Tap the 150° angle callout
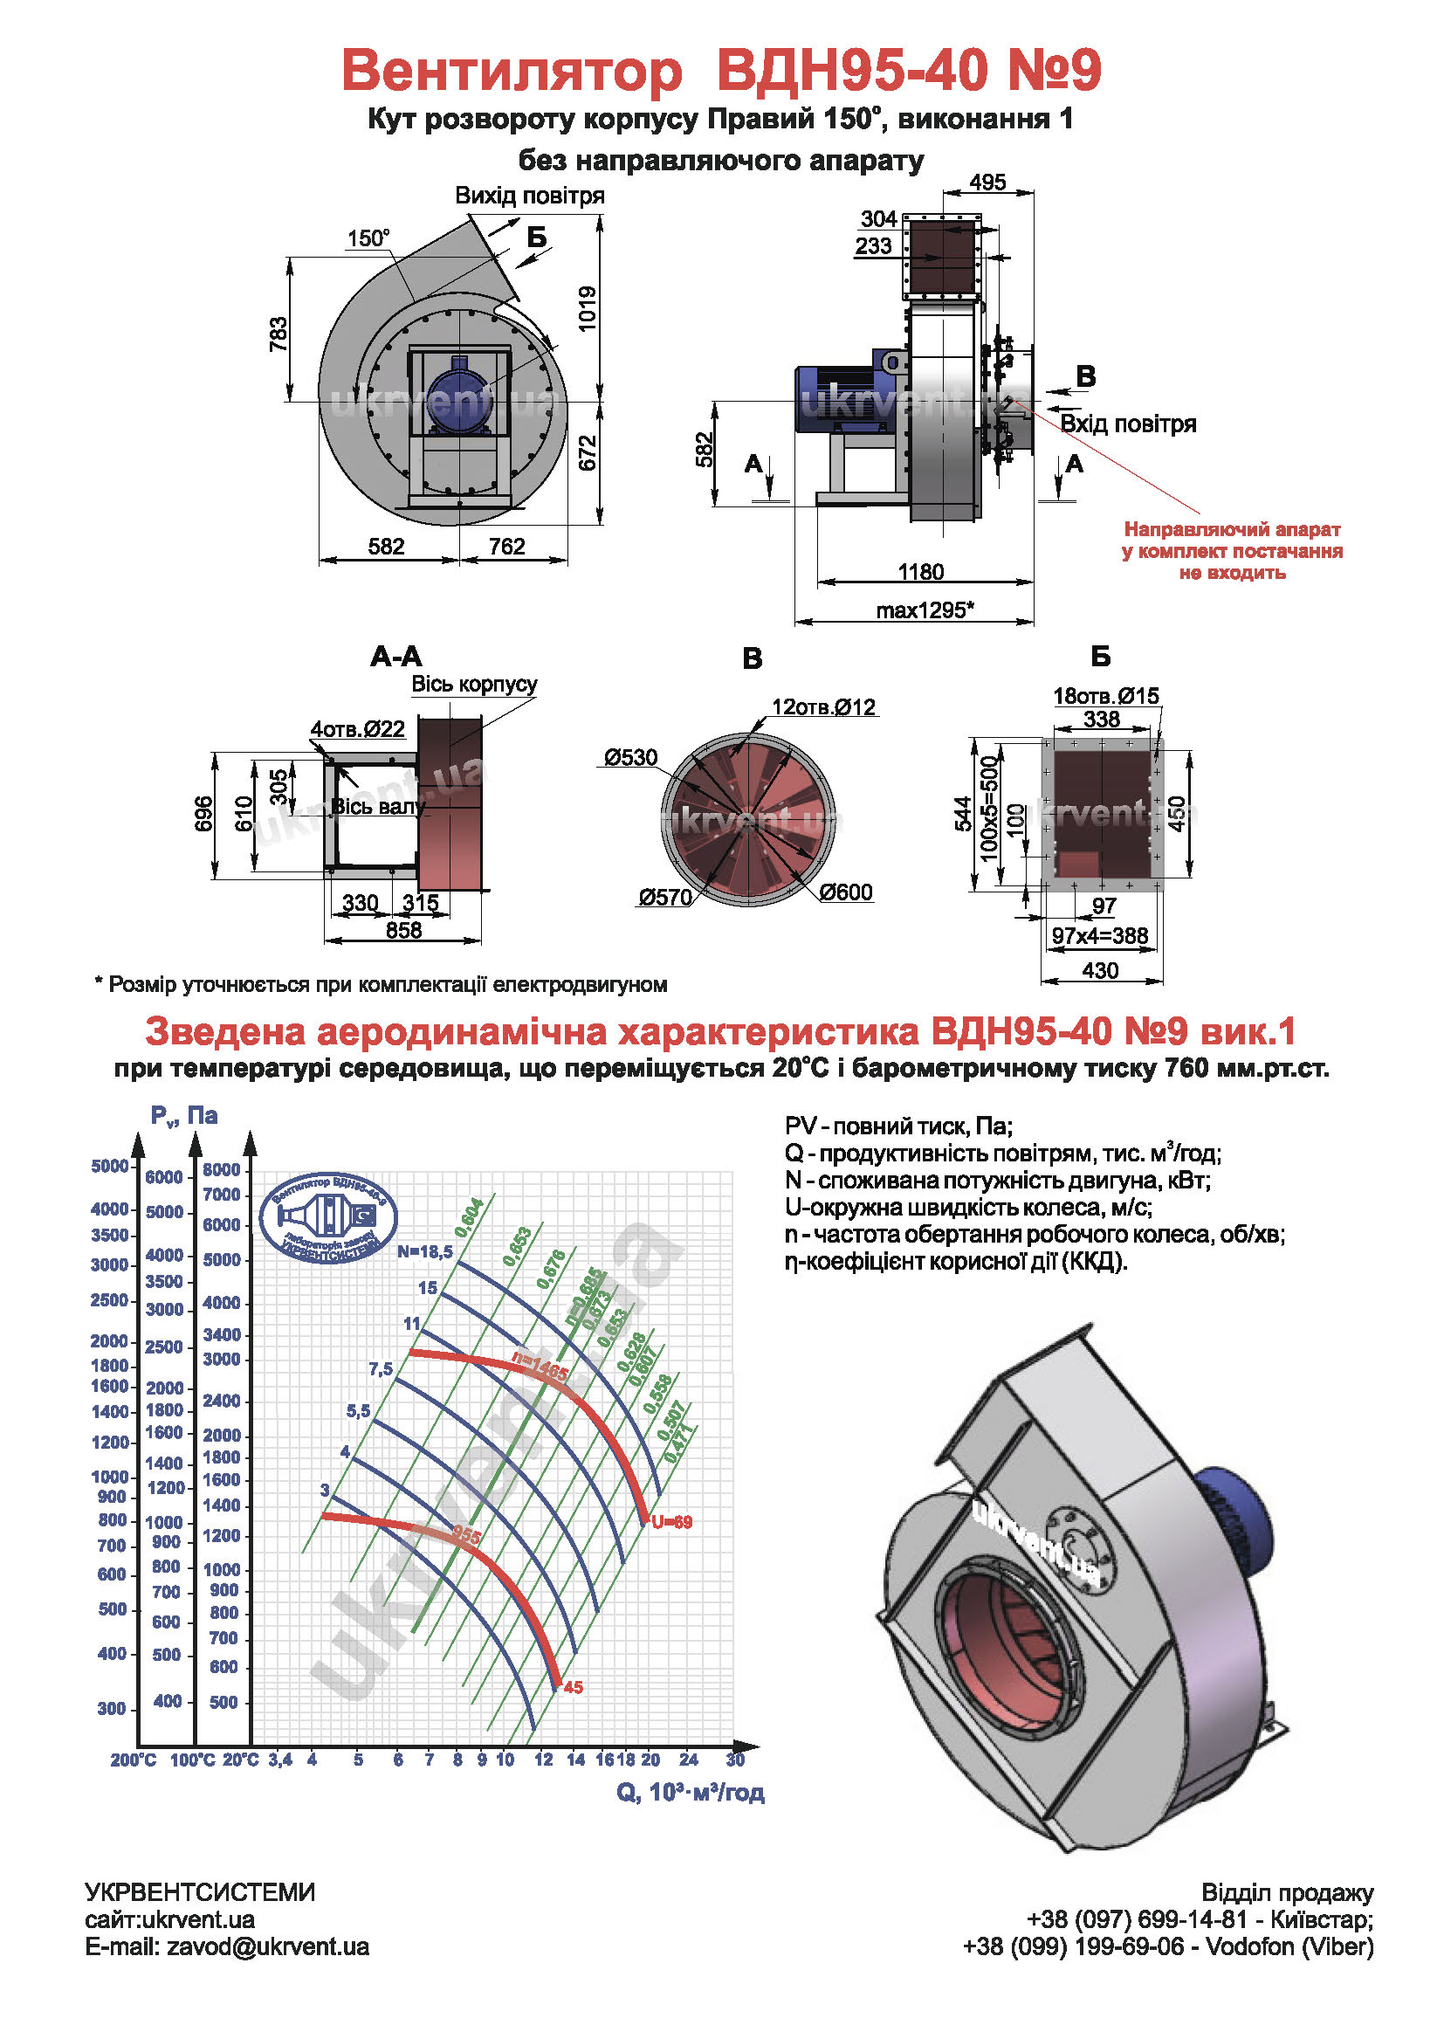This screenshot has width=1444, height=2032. point(368,238)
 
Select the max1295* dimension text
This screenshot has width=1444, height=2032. point(925,610)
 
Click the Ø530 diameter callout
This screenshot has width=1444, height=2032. point(630,758)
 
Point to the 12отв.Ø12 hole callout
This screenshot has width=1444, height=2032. point(823,707)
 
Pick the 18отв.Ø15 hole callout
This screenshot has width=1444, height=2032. point(1106,695)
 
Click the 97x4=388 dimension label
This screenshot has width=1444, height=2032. point(1100,935)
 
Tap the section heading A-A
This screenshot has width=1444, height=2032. point(395,657)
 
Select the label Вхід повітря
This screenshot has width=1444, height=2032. point(1128,424)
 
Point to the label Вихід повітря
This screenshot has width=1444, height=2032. point(530,196)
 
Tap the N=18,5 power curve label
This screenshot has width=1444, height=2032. point(425,1251)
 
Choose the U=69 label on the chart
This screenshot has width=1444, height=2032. point(671,1522)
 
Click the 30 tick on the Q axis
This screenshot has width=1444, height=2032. point(735,1760)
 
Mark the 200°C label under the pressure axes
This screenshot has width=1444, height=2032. point(134,1760)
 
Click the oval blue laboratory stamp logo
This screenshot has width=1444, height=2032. point(328,1217)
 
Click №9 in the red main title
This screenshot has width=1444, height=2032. point(1054,69)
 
